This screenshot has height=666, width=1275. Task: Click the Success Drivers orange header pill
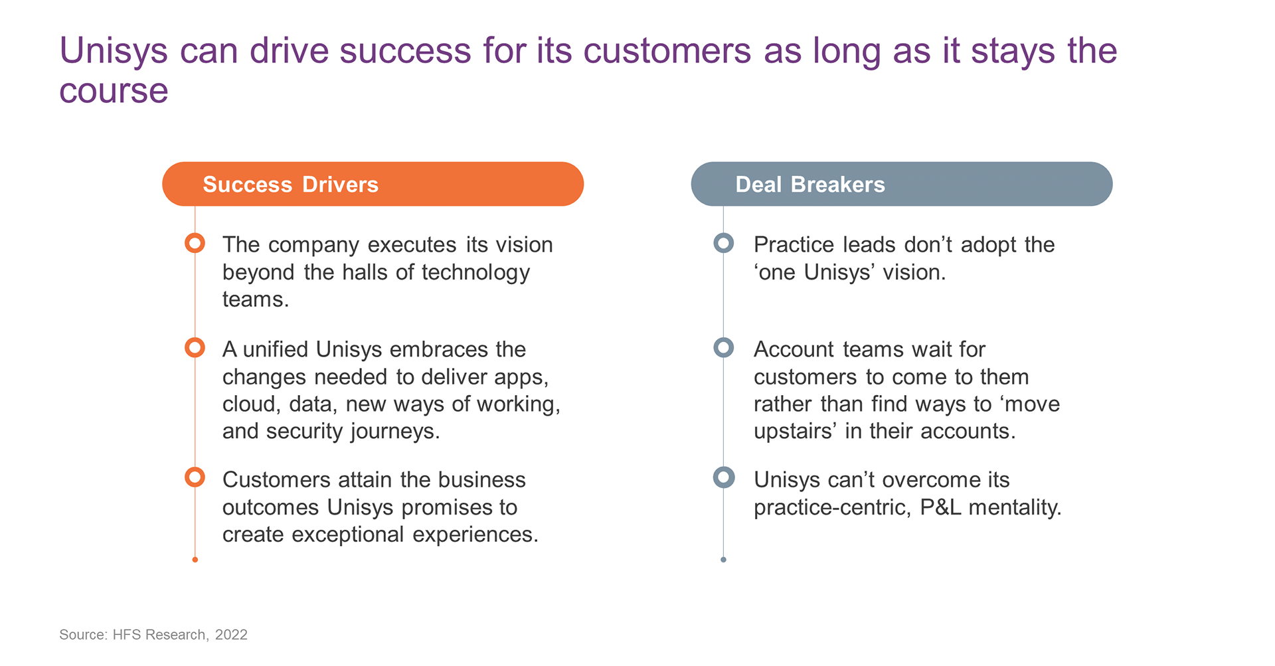(x=373, y=184)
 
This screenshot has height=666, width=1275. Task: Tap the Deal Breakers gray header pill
(x=901, y=184)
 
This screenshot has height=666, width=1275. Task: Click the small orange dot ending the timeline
(x=195, y=560)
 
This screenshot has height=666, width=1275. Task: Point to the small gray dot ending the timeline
(x=723, y=560)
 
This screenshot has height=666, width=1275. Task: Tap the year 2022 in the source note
(x=231, y=635)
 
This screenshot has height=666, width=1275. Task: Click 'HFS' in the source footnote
(x=127, y=635)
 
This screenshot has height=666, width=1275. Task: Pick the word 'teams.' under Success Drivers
(x=256, y=299)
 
